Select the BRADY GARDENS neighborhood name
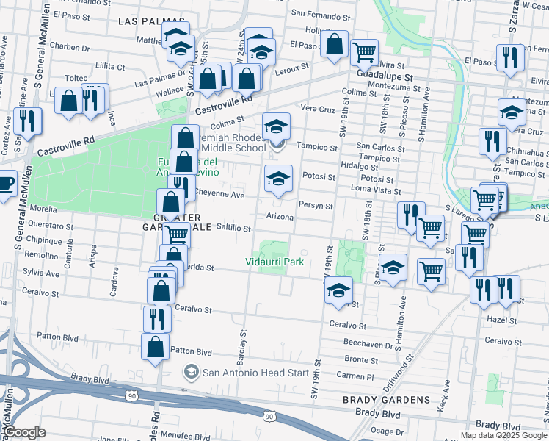(x=387, y=400)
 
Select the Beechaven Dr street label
(x=371, y=343)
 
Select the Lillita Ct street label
(x=111, y=66)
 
